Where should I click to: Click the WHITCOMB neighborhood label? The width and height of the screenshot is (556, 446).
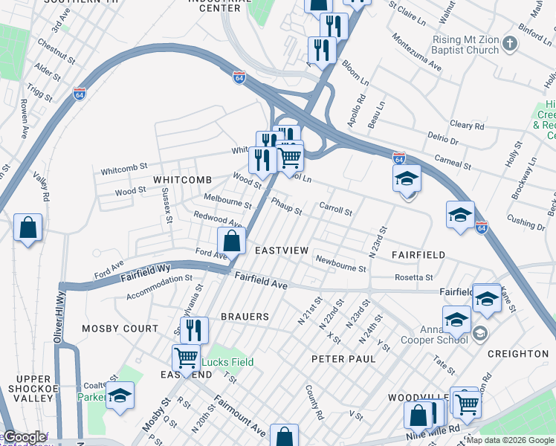(x=182, y=180)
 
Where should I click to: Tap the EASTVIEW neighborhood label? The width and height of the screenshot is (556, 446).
(x=281, y=251)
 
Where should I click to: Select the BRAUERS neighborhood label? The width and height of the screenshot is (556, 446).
(x=245, y=317)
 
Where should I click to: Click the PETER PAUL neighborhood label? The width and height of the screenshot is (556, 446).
(x=343, y=359)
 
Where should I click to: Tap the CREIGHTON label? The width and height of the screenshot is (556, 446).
(x=517, y=354)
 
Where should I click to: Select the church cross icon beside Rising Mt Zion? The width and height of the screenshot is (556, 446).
(x=510, y=42)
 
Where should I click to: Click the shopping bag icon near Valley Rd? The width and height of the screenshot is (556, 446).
(x=28, y=228)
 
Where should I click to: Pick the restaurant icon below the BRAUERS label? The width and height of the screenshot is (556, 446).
(x=194, y=329)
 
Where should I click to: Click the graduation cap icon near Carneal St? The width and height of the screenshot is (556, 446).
(x=407, y=178)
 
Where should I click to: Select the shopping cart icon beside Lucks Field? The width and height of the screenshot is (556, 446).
(x=186, y=358)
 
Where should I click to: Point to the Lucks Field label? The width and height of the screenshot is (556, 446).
(x=228, y=363)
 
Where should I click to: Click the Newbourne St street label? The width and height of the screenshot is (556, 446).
(x=340, y=263)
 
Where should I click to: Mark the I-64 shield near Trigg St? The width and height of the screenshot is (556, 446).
(x=80, y=94)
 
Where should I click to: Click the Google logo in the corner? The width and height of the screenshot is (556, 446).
(x=24, y=437)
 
